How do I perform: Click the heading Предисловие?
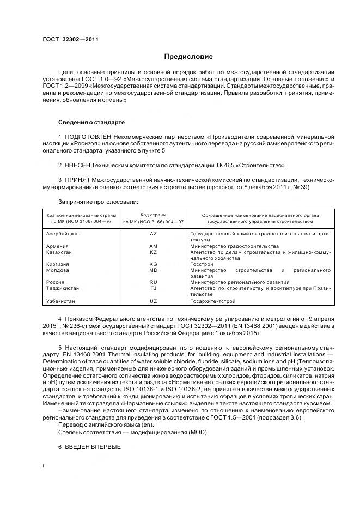click(x=188, y=57)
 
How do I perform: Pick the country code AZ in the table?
click(x=153, y=233)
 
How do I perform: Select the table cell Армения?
click(x=57, y=246)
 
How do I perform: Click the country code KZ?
click(x=153, y=252)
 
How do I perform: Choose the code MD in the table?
click(x=153, y=270)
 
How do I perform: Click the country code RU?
click(x=153, y=282)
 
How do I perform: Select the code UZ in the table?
click(x=153, y=300)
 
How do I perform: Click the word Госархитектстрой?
click(x=212, y=300)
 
